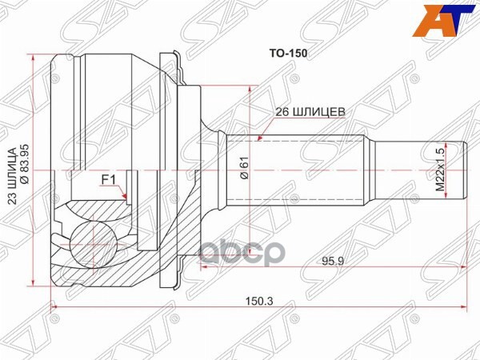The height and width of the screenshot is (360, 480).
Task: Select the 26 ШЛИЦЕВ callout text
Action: [x=310, y=114]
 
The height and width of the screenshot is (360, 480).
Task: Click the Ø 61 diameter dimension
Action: [x=244, y=170]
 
